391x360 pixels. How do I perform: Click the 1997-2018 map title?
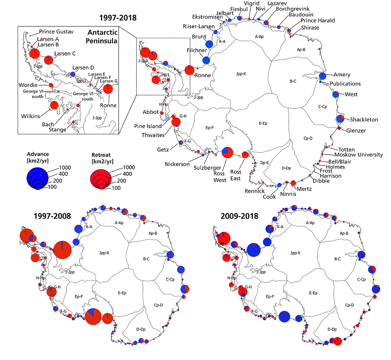118,18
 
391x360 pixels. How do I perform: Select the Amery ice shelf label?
342,75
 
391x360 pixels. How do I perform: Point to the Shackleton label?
365,120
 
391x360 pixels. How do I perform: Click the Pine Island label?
147,126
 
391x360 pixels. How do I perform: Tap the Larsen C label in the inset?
65,53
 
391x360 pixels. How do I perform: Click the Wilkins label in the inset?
30,116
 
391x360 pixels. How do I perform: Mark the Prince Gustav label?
56,31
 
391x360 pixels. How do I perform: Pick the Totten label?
346,149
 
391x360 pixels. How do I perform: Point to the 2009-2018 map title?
240,216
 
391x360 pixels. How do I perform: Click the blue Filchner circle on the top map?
206,60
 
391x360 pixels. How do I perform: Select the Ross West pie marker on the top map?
227,152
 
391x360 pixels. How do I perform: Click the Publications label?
346,84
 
